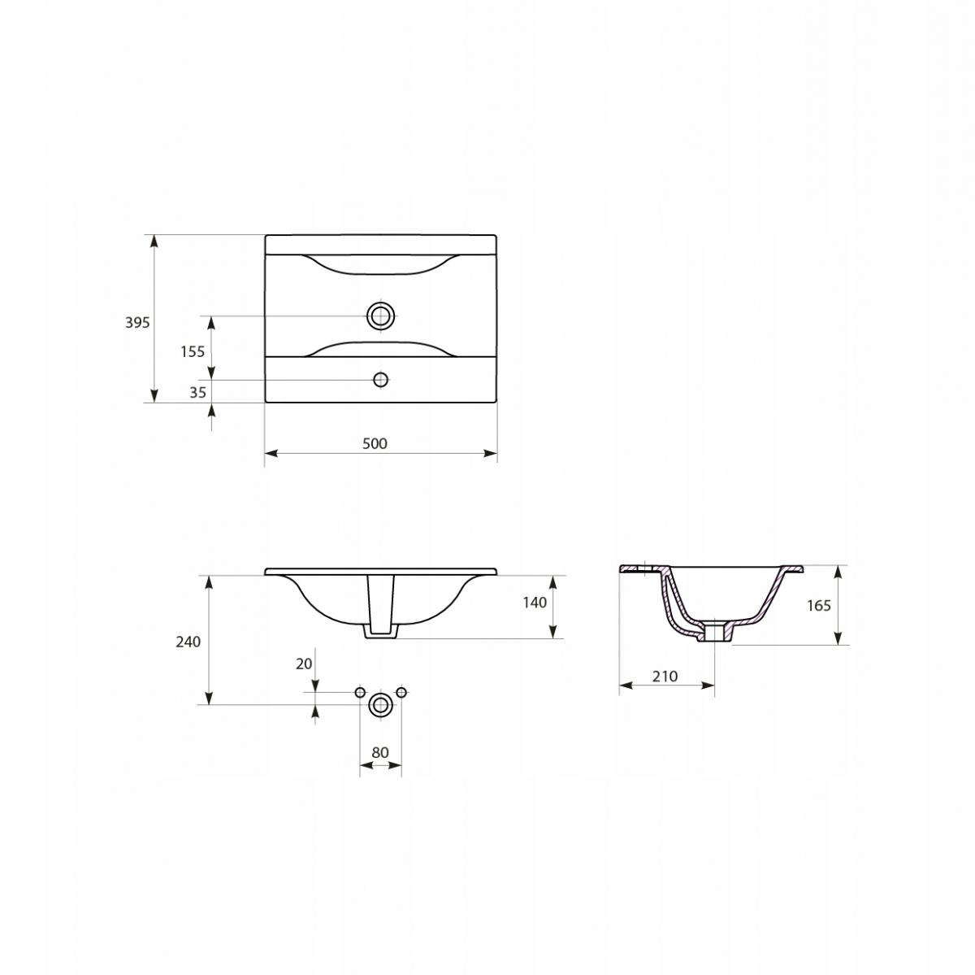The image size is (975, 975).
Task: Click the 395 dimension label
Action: pyautogui.click(x=137, y=322)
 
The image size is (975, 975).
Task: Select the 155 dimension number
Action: pyautogui.click(x=193, y=351)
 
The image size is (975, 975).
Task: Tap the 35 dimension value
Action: pyautogui.click(x=197, y=392)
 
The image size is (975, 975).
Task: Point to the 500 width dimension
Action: pyautogui.click(x=375, y=443)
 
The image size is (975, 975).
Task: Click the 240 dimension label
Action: pyautogui.click(x=188, y=642)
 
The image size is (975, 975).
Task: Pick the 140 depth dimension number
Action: pyautogui.click(x=535, y=603)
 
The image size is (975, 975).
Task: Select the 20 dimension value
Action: pyautogui.click(x=304, y=664)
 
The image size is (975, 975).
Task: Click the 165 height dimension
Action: pyautogui.click(x=819, y=605)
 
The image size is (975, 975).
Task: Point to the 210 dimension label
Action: pyautogui.click(x=665, y=677)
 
